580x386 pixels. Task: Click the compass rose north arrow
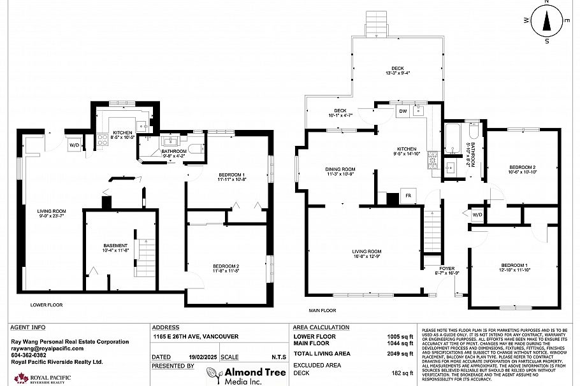(547, 22)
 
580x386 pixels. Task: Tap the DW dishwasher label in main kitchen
(402, 111)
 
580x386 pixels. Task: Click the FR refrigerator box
(408, 196)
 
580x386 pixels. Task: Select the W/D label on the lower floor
(74, 144)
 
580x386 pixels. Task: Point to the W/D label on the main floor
(477, 215)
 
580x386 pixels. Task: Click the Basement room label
(116, 248)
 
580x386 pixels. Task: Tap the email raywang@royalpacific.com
(47, 349)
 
